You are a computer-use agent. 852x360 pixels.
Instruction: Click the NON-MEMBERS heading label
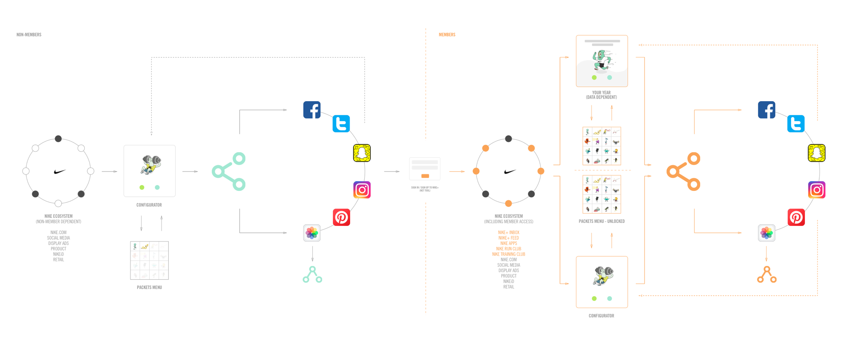(29, 35)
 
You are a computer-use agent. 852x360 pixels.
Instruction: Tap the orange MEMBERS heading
(447, 35)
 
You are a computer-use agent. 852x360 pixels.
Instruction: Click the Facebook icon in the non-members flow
(312, 110)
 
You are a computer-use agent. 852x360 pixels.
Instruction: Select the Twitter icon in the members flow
(796, 124)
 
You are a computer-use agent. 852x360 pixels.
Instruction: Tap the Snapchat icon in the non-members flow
(362, 153)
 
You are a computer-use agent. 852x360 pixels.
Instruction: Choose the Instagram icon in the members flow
(816, 190)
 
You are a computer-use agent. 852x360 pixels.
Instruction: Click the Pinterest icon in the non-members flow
(341, 218)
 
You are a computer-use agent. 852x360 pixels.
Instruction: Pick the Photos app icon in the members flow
(766, 233)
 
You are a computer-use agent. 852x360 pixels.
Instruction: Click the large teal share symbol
(229, 171)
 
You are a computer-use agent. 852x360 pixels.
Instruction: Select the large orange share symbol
(683, 171)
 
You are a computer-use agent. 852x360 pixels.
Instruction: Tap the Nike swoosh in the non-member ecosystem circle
(59, 171)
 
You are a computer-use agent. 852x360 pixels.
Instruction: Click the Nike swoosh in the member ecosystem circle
(510, 171)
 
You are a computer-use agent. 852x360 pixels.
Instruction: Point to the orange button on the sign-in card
(425, 176)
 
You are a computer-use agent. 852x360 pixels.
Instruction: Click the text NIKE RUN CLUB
(509, 249)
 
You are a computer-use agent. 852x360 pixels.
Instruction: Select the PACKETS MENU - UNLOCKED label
(601, 221)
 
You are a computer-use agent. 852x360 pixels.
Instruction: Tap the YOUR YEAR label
(601, 93)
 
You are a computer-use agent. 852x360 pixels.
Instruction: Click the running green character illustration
(602, 61)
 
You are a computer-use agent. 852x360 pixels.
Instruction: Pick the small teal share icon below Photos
(312, 275)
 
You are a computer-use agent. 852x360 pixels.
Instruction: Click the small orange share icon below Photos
(767, 275)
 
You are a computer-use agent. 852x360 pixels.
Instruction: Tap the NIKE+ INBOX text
(509, 233)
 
